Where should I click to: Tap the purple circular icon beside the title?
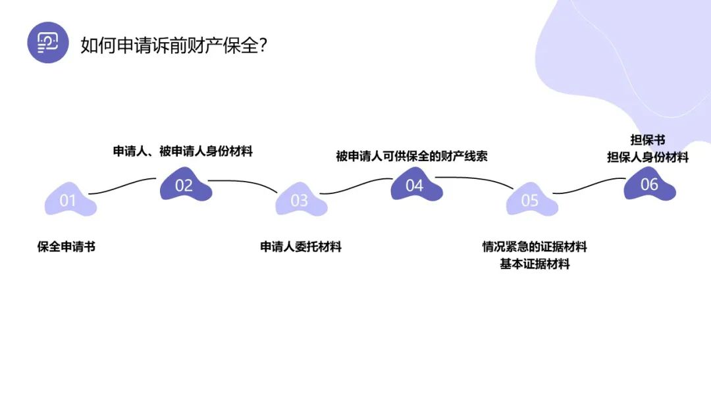click(48, 43)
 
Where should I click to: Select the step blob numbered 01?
click(69, 200)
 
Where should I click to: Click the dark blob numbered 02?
click(185, 185)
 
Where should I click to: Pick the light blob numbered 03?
click(300, 200)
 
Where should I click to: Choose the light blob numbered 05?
click(531, 200)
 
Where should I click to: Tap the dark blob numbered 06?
click(649, 184)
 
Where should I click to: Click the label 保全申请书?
click(66, 247)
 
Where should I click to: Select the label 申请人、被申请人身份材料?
click(183, 151)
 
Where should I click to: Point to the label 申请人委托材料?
click(301, 247)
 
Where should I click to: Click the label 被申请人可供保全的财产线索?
click(411, 157)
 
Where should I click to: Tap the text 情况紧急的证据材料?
click(535, 247)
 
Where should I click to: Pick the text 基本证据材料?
click(535, 264)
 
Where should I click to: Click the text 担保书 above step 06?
click(648, 140)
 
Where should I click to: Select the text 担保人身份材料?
click(648, 157)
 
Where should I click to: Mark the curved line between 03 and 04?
click(355, 186)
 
